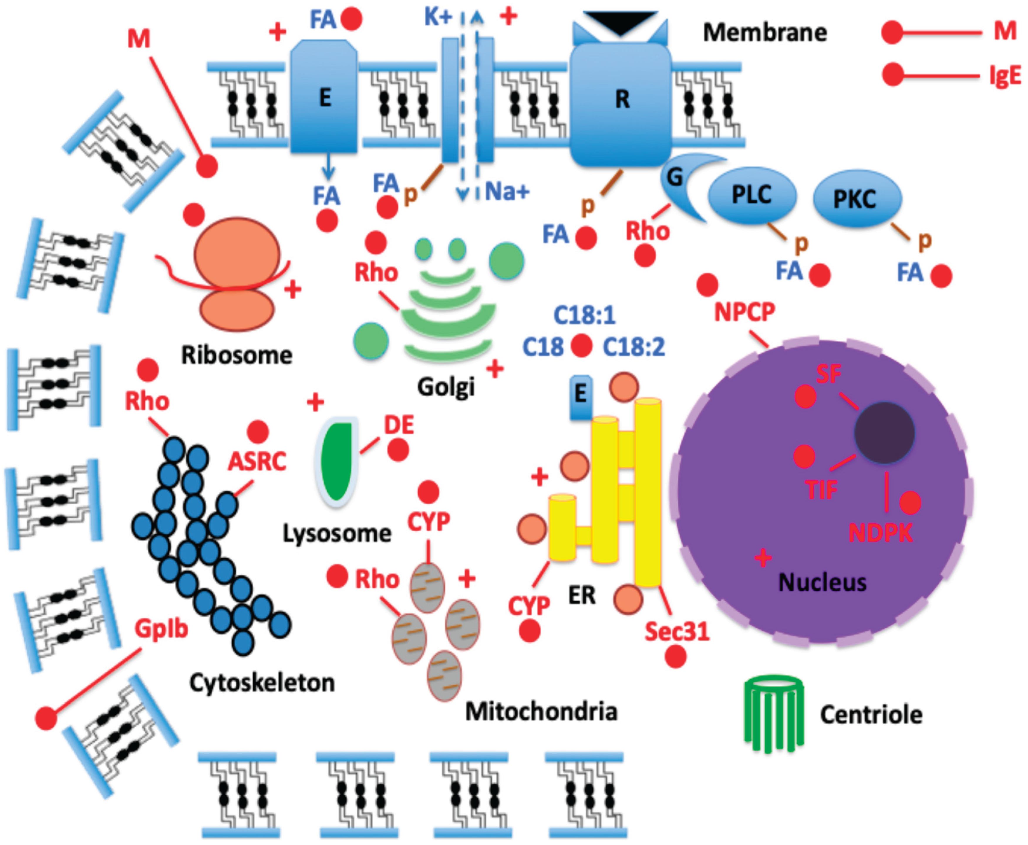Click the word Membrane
765,33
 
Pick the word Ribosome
237,355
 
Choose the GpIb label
161,629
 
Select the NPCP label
745,312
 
